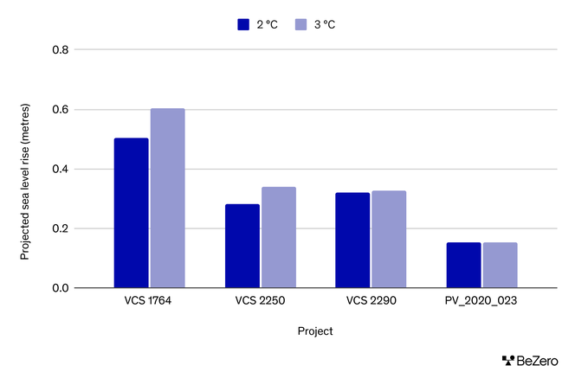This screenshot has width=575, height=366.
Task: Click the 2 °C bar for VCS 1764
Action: pyautogui.click(x=132, y=213)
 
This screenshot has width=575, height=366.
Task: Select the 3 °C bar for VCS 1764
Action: pyautogui.click(x=168, y=198)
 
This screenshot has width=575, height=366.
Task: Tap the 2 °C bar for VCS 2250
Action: pyautogui.click(x=242, y=246)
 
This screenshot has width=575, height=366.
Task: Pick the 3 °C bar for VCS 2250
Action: pyautogui.click(x=279, y=237)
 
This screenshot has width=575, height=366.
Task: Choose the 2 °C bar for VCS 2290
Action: pyautogui.click(x=352, y=240)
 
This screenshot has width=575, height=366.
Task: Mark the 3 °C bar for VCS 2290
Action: pyautogui.click(x=389, y=239)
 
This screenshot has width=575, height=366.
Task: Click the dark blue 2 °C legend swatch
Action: pyautogui.click(x=244, y=24)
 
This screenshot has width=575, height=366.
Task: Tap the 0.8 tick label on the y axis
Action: pyautogui.click(x=59, y=50)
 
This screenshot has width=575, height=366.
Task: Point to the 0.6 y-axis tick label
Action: pyautogui.click(x=59, y=110)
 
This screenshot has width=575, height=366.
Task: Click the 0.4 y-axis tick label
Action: pyautogui.click(x=59, y=169)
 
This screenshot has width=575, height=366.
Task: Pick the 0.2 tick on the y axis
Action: pyautogui.click(x=59, y=228)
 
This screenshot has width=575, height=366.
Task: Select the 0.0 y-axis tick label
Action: pyautogui.click(x=59, y=288)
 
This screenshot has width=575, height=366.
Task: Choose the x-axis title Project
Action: pyautogui.click(x=315, y=331)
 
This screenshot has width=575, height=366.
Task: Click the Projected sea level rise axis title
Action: pyautogui.click(x=25, y=169)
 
